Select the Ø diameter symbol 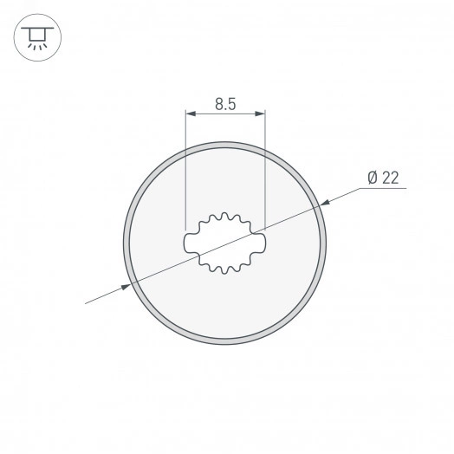[x=372, y=178]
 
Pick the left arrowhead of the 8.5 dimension [x=191, y=114]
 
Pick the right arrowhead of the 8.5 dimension [x=260, y=114]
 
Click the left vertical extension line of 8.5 [x=186, y=173]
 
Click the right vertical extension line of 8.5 [x=264, y=173]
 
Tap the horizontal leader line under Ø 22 [x=381, y=190]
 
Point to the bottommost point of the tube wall [x=225, y=344]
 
